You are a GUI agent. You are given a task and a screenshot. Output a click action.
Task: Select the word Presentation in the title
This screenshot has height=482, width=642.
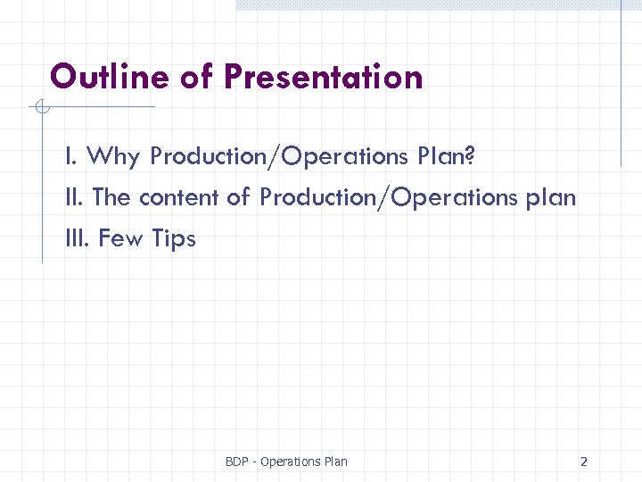323,77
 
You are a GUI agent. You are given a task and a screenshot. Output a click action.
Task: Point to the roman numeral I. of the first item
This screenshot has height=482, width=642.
70,157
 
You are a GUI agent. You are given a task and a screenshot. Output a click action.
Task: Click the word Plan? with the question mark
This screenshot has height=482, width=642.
446,157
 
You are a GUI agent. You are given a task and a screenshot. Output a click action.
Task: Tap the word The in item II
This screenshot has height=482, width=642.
111,197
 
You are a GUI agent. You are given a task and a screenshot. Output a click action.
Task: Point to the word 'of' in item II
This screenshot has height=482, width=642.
238,197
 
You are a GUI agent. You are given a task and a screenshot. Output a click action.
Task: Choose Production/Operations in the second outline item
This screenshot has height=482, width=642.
388,197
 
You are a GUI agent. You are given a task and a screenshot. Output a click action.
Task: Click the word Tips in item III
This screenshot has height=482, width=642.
174,238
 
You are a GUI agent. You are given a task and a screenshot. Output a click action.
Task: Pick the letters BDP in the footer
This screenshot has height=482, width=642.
236,461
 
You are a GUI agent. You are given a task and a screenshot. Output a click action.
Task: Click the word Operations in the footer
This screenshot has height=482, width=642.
288,461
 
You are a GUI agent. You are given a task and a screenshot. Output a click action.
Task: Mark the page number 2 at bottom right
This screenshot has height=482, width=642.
583,461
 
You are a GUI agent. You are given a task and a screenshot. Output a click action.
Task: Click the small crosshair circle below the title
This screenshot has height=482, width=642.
40,108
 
